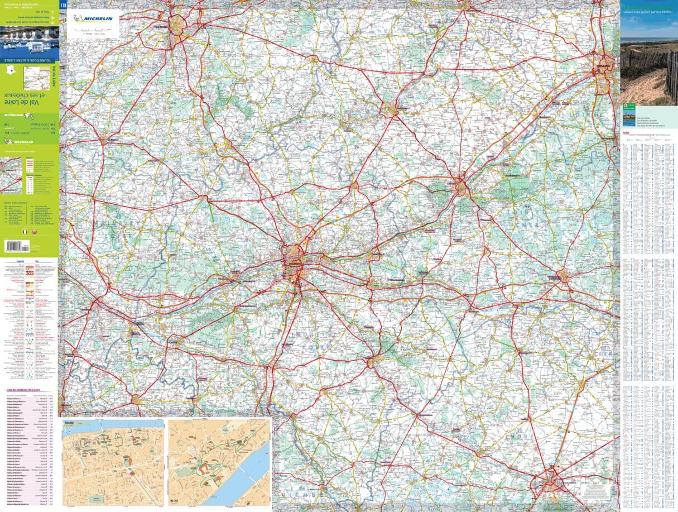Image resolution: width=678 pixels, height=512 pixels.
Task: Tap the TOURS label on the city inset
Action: (x=69, y=423)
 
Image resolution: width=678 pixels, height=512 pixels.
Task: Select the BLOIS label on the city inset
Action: (x=178, y=500)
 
